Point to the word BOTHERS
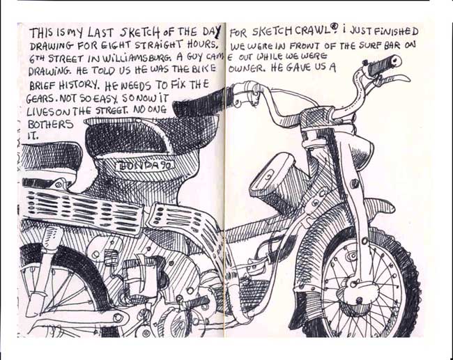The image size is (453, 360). click(50, 124)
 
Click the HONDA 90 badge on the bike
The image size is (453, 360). click(145, 166)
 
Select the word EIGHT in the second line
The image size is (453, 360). click(110, 46)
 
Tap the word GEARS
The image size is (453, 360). click(40, 99)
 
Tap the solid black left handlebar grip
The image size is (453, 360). click(199, 102)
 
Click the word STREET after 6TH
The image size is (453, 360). click(65, 59)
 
